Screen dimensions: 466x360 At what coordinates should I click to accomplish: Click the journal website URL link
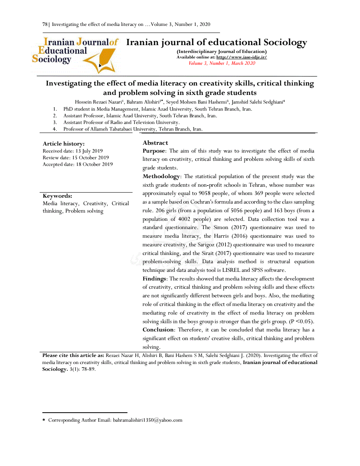(x=242, y=57)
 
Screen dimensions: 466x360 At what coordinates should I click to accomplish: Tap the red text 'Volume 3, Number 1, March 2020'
(x=222, y=63)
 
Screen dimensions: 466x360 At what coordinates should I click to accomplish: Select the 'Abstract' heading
(x=155, y=143)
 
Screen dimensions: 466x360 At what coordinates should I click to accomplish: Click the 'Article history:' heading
(x=64, y=144)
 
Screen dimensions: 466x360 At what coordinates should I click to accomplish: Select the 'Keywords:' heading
(x=57, y=196)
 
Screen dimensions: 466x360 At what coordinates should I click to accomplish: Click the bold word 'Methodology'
(x=161, y=177)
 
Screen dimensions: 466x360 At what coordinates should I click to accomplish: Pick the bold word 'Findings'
(x=154, y=279)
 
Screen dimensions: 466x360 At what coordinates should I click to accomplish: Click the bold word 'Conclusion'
(x=158, y=329)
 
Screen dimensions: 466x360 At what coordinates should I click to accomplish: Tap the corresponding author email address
(x=148, y=420)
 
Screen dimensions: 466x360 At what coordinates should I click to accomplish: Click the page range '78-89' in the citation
(x=88, y=370)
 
